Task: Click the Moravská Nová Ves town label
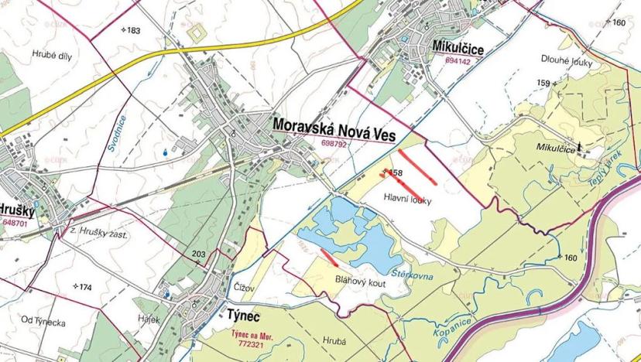334,128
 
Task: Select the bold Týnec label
245,316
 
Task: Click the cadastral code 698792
333,143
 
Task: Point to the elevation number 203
198,254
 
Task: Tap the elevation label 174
83,287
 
